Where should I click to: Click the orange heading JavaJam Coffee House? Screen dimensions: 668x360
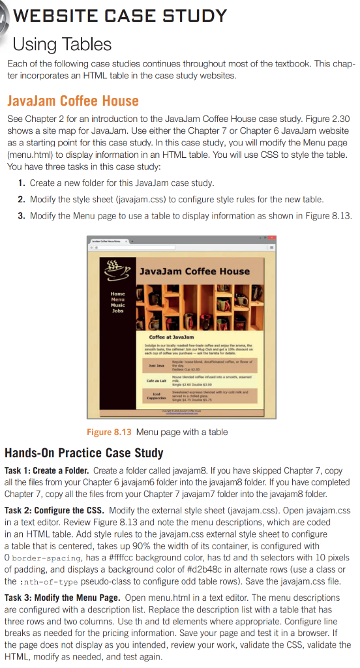tap(72, 101)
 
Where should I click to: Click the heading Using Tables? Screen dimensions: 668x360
tap(63, 44)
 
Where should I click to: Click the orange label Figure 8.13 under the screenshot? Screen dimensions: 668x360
tap(108, 414)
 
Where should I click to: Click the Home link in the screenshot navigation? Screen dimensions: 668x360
tap(118, 294)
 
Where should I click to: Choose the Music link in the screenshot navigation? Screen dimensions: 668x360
tap(118, 305)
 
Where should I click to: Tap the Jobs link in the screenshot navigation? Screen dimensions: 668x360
tap(117, 311)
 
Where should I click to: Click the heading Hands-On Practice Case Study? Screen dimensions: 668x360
tap(84, 453)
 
